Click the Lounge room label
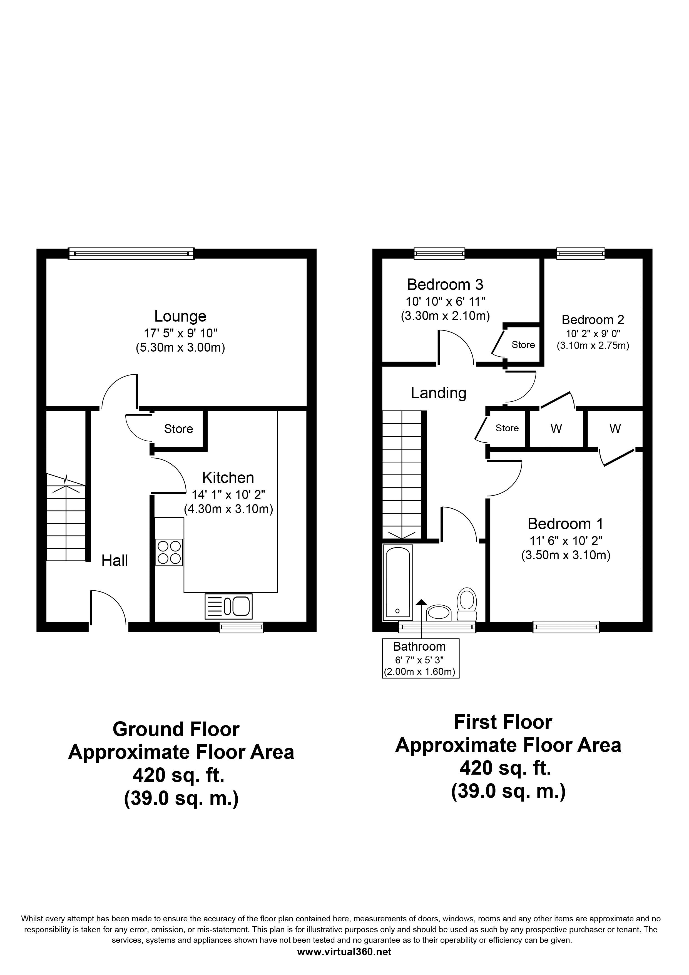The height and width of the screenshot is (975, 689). tap(180, 316)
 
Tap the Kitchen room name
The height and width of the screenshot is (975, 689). tap(228, 478)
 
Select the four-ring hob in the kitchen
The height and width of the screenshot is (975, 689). tap(169, 552)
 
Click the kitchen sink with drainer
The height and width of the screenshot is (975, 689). tap(228, 606)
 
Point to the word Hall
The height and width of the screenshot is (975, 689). tap(115, 561)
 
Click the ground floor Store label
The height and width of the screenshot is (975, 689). tap(178, 429)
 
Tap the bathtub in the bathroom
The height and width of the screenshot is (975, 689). tap(398, 582)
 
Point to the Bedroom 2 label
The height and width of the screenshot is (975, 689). tap(593, 319)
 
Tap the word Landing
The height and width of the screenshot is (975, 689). tap(439, 393)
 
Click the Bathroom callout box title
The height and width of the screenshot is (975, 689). tap(419, 647)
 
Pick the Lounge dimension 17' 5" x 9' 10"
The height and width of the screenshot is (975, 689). tap(180, 333)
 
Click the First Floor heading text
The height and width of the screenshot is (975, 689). tap(503, 722)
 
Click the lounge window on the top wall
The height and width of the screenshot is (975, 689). tap(131, 253)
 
